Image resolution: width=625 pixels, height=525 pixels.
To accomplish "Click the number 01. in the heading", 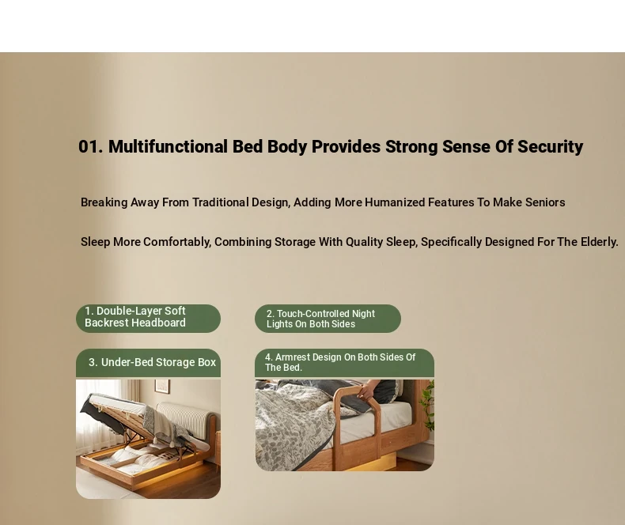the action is pyautogui.click(x=90, y=146).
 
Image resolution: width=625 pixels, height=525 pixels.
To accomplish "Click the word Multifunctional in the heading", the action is pyautogui.click(x=168, y=146).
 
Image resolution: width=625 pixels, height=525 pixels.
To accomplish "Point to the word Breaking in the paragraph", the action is pyautogui.click(x=104, y=202).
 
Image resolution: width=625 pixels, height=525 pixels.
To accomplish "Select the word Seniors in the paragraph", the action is pyautogui.click(x=545, y=202).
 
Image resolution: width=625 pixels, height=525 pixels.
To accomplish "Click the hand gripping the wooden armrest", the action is pyautogui.click(x=368, y=390).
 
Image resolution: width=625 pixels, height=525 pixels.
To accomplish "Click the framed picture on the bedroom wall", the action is pyautogui.click(x=162, y=386).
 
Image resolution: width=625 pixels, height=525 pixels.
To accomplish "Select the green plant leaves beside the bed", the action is pyautogui.click(x=427, y=405).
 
